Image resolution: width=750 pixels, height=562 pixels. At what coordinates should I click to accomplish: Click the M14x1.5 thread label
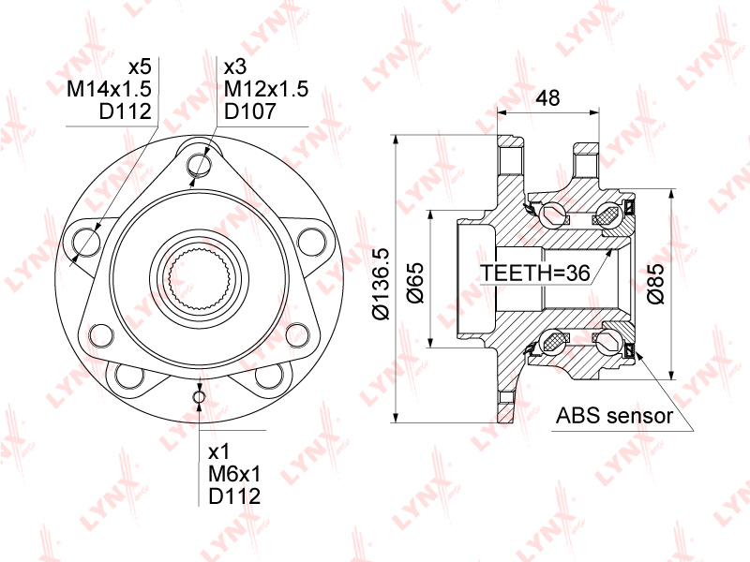(109, 89)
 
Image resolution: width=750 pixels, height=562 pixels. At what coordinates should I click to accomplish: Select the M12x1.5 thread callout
(266, 89)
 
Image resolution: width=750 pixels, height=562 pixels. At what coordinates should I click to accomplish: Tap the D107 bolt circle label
(250, 111)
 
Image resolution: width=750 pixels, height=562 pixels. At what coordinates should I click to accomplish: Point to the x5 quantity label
(140, 67)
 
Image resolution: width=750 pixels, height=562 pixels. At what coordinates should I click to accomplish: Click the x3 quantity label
(235, 67)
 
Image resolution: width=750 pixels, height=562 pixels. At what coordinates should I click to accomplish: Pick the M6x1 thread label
(234, 474)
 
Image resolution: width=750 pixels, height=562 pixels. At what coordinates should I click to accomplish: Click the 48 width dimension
(547, 98)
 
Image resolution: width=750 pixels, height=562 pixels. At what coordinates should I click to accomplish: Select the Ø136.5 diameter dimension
(382, 284)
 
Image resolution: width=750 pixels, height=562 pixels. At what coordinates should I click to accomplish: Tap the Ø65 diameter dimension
(415, 283)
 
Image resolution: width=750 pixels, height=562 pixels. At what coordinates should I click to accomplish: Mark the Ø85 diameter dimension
(655, 284)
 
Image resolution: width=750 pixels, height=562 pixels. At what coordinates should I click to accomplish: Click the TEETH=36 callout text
(535, 273)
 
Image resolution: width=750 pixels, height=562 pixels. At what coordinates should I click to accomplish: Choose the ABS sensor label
(614, 416)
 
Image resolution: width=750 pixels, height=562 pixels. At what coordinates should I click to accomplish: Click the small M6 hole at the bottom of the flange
(199, 396)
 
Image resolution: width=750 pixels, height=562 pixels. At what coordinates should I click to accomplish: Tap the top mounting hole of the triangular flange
(199, 165)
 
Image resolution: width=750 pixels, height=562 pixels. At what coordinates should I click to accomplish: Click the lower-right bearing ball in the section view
(610, 342)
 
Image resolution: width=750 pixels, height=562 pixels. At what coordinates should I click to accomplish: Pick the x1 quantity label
(219, 452)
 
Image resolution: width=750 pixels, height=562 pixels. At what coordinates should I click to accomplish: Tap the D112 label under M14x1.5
(126, 111)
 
